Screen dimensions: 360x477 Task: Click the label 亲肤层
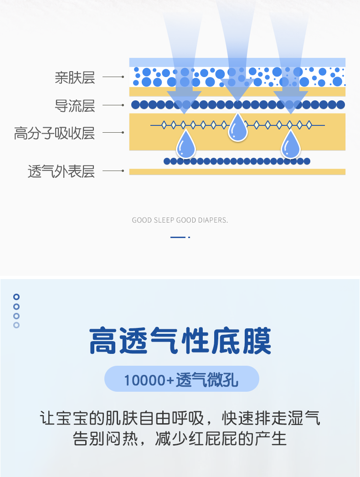point(75,78)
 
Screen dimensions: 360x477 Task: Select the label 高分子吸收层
point(54,133)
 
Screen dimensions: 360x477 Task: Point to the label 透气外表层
point(61,171)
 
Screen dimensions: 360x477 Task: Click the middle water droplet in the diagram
point(237,127)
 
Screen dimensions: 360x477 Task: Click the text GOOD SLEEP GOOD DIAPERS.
point(180,220)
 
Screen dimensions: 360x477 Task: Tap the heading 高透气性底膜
point(180,342)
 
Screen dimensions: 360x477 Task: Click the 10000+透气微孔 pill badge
point(181,379)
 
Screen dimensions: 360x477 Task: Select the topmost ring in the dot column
point(16,297)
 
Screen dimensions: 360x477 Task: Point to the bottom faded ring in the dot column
point(16,325)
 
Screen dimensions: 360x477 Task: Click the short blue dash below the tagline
point(178,237)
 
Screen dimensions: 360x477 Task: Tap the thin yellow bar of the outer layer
point(237,172)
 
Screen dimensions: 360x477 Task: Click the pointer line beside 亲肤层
point(113,78)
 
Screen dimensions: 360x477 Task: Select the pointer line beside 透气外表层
point(113,171)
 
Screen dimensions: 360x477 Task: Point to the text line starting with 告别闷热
point(180,439)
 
